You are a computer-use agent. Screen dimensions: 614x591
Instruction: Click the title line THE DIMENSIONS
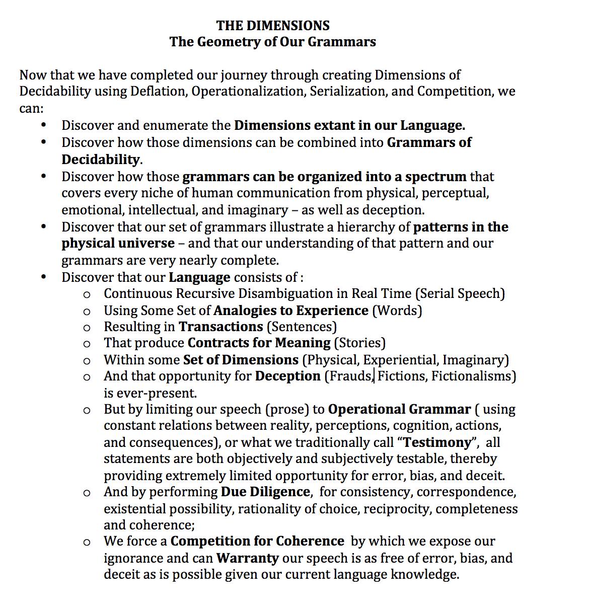273,25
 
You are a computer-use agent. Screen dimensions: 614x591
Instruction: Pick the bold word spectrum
435,177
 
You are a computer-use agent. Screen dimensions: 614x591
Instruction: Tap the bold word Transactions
220,327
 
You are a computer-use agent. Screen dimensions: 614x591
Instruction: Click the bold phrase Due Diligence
265,492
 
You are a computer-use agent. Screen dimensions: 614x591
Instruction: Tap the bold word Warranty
247,558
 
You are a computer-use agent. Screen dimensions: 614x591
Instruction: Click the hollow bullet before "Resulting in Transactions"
87,327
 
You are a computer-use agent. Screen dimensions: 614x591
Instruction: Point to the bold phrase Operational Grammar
399,410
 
